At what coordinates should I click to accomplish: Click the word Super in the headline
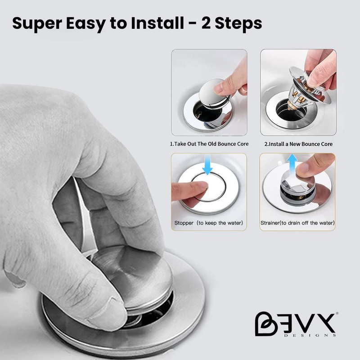(x=37, y=24)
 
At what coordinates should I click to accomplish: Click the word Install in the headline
(x=157, y=23)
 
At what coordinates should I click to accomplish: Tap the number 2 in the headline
(x=206, y=23)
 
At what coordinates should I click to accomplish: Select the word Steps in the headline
(x=238, y=24)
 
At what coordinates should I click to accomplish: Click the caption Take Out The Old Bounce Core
(x=211, y=144)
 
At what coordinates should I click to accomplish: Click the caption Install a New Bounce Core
(x=301, y=144)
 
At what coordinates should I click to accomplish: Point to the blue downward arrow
(x=207, y=164)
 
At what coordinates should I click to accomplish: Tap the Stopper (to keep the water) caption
(x=208, y=223)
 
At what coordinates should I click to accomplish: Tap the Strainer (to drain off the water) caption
(x=297, y=223)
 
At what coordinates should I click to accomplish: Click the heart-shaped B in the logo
(x=265, y=324)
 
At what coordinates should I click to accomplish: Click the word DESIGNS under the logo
(x=310, y=335)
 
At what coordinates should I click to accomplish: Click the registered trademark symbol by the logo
(x=337, y=313)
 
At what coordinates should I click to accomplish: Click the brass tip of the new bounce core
(x=290, y=106)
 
